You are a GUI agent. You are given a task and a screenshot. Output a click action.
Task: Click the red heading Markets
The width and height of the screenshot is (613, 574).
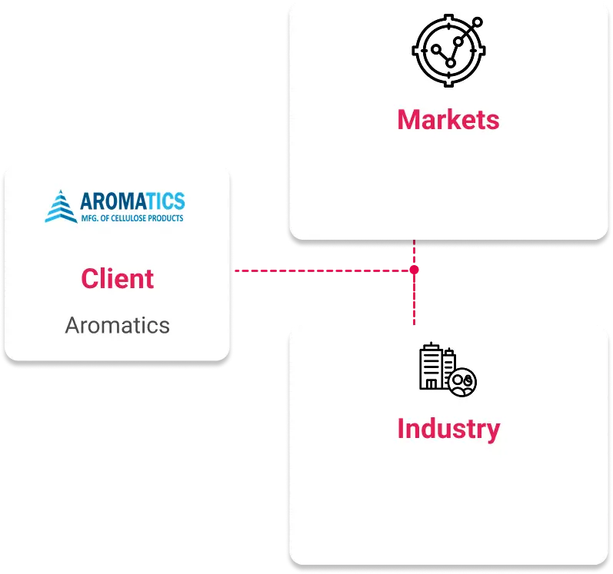(448, 120)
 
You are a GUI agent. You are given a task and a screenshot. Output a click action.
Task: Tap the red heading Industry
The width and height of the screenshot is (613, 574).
(448, 428)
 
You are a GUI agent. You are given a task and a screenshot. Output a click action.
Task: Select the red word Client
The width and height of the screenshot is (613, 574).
(117, 278)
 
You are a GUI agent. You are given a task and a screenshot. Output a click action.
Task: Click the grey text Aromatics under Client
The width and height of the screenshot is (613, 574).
(117, 325)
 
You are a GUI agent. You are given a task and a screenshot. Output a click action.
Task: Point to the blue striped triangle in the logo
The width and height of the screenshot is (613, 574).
(61, 206)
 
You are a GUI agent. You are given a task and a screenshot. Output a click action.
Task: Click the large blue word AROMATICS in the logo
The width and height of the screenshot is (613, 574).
(132, 201)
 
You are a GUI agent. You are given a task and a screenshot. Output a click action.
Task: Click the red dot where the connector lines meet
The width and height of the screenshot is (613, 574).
(415, 270)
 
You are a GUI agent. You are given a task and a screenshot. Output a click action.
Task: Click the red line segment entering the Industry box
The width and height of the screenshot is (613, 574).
(415, 304)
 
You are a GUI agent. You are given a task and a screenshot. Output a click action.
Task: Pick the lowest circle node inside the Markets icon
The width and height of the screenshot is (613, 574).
(451, 62)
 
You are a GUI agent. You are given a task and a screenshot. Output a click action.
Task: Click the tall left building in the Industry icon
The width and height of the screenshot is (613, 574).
(429, 367)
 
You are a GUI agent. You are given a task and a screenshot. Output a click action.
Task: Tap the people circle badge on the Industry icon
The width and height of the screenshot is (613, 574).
(464, 382)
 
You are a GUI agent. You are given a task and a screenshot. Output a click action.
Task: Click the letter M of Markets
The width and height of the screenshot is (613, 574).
(408, 120)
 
